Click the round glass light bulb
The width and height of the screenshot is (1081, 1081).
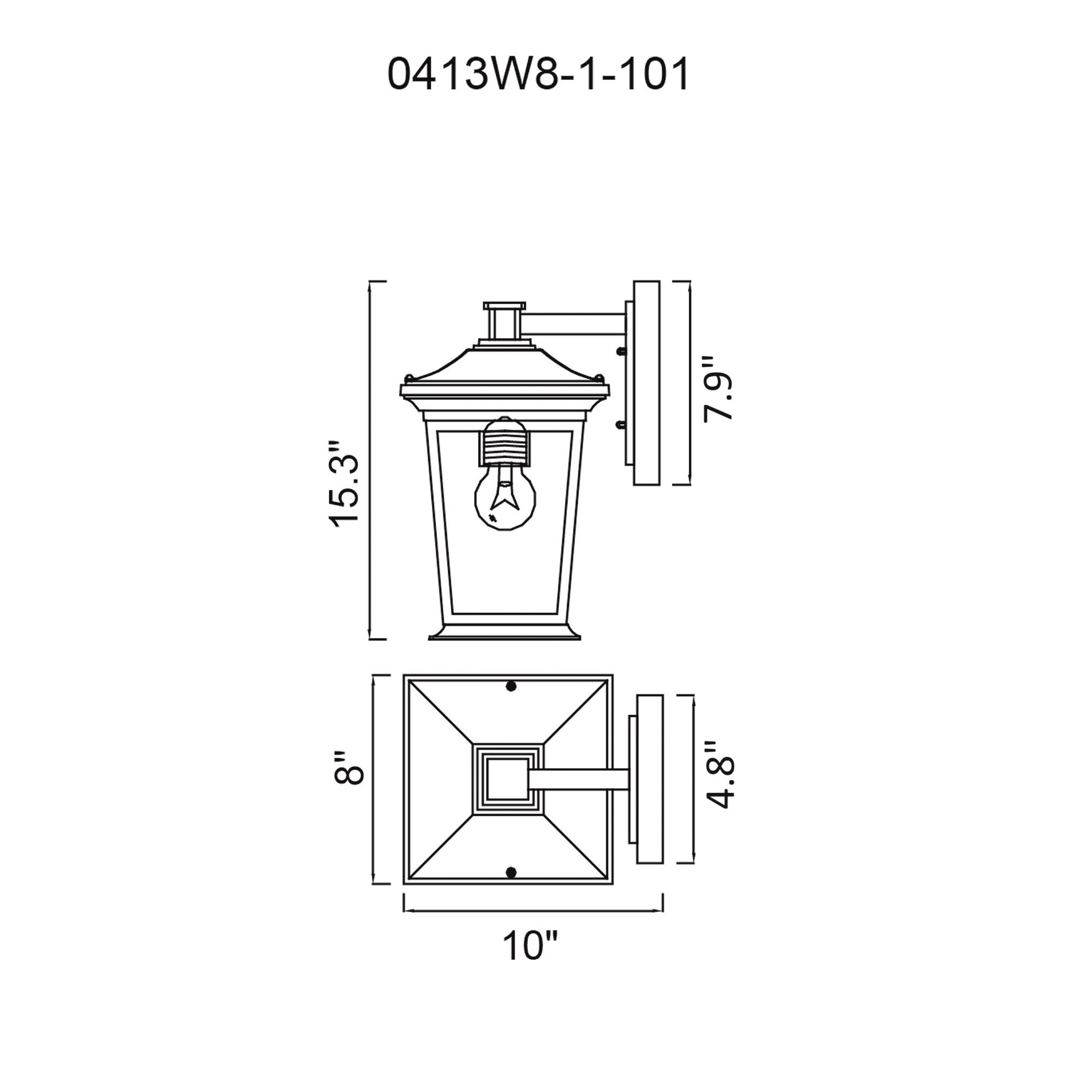click(505, 497)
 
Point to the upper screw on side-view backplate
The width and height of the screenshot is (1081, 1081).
click(619, 351)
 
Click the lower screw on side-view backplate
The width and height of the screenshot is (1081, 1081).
click(619, 426)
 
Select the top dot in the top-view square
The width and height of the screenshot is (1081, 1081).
click(510, 686)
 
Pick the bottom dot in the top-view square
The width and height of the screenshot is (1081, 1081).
click(510, 871)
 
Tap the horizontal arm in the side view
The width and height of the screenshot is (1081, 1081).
click(576, 325)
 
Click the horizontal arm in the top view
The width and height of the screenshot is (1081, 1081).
click(579, 779)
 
